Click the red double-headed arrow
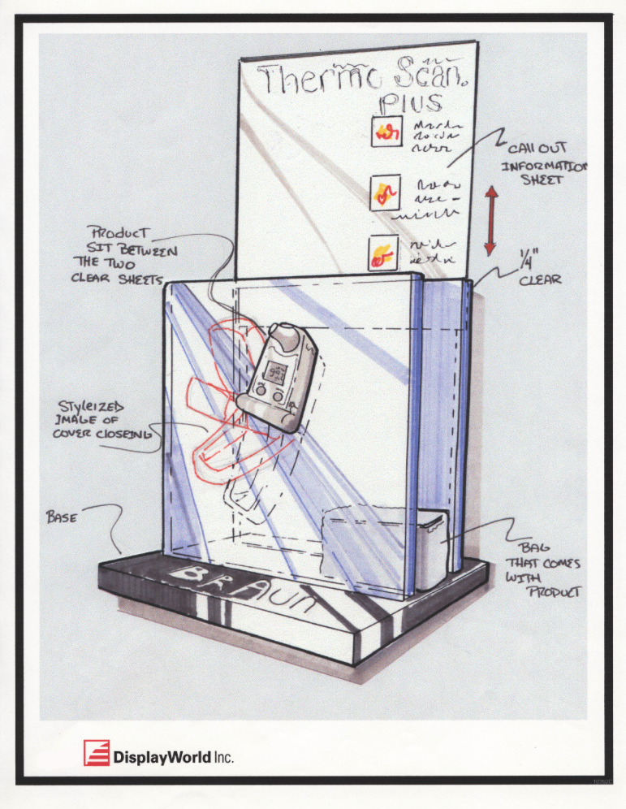[490, 219]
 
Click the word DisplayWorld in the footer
[162, 757]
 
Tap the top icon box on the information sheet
[384, 132]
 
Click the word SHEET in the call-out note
[543, 180]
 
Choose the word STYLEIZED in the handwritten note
[90, 405]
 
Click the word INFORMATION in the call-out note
[542, 166]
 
